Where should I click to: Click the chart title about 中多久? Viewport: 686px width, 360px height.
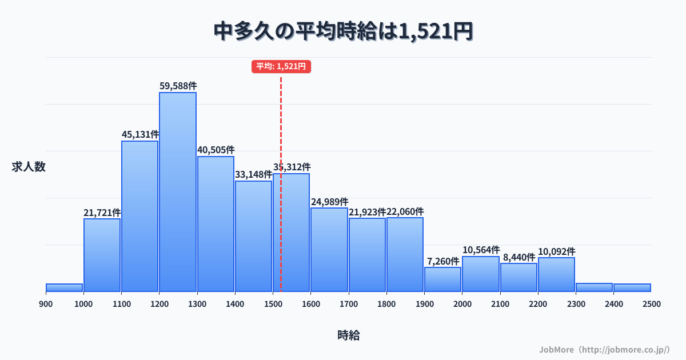pos(343,31)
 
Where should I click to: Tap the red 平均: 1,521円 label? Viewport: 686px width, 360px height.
pos(281,67)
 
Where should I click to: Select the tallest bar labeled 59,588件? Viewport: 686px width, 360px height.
pos(178,191)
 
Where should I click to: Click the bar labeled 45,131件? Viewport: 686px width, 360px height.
pos(140,216)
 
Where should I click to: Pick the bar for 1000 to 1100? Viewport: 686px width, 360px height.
pos(102,255)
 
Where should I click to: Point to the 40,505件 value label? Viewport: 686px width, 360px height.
pos(216,150)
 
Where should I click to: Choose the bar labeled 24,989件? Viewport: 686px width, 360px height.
pos(329,250)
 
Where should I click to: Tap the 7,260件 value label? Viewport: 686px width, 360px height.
pos(442,261)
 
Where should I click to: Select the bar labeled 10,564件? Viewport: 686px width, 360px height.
pos(481,274)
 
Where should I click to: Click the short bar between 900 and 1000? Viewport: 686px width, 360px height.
pos(64,287)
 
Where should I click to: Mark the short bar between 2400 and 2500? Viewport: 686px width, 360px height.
pos(632,287)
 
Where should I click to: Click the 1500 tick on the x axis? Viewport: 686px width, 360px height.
pos(273,304)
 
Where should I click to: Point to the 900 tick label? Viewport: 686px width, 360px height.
pos(46,304)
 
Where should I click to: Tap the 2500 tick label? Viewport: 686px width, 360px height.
pos(651,304)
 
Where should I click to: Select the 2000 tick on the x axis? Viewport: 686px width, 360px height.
pos(462,304)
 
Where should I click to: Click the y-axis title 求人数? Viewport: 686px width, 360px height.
pos(29,167)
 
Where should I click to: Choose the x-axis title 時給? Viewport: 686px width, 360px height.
pos(348,335)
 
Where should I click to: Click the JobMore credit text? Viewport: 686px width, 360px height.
pos(604,349)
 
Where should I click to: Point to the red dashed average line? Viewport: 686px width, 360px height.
pos(281,126)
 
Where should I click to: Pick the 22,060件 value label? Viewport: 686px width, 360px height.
pos(405,212)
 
